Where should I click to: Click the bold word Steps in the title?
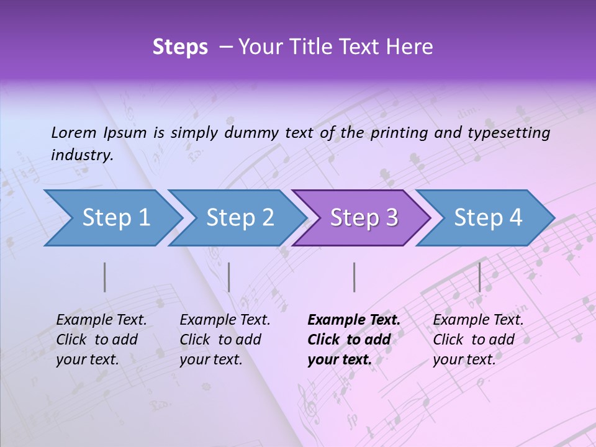click(x=180, y=47)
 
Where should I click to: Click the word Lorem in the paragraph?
click(x=73, y=132)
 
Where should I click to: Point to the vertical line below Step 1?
click(x=105, y=277)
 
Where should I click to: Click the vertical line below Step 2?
click(x=229, y=277)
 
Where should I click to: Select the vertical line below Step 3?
click(x=354, y=277)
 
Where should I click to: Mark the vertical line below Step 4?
click(x=479, y=277)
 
